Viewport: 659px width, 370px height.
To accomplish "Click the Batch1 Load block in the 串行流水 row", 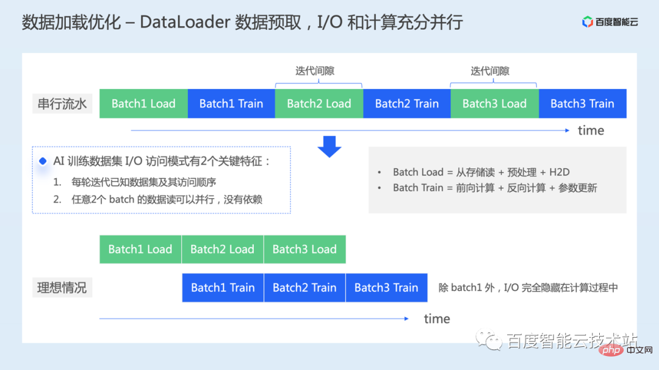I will [x=143, y=104].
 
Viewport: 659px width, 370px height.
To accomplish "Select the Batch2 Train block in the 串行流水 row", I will [x=407, y=104].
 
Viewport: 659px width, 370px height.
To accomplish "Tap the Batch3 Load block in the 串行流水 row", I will [x=494, y=104].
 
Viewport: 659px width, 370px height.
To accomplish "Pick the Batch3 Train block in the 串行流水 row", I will [x=582, y=104].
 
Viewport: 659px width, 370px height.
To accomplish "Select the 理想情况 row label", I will [x=62, y=288].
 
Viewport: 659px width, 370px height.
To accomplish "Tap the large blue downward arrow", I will [x=329, y=147].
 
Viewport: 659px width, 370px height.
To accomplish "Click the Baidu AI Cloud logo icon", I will [x=588, y=23].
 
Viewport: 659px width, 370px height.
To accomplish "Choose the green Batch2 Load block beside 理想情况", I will [x=222, y=249].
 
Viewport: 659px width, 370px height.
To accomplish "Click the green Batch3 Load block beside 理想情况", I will [x=304, y=249].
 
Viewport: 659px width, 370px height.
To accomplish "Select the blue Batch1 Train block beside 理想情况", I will [x=223, y=288].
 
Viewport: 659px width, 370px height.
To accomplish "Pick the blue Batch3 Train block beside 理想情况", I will [x=386, y=288].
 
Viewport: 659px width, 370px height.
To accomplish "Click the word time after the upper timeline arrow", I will [x=591, y=130].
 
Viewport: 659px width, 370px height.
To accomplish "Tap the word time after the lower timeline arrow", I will [x=437, y=319].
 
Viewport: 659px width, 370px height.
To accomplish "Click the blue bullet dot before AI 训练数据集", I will [x=43, y=162].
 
